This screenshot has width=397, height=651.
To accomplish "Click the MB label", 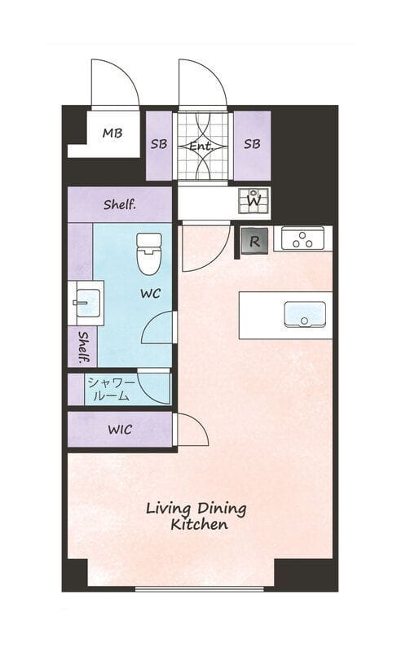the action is (x=112, y=133).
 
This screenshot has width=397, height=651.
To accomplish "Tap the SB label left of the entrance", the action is (x=159, y=144).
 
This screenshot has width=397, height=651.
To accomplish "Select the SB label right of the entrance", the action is (x=252, y=144).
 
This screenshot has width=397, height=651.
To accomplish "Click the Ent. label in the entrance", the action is (x=201, y=146).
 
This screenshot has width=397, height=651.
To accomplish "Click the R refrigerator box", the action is (x=254, y=241).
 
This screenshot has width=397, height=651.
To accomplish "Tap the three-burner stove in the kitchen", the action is (x=302, y=238).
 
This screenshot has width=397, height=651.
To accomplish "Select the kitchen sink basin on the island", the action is (x=304, y=314).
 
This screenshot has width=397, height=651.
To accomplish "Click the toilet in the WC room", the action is (x=149, y=254).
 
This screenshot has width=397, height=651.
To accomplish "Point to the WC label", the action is (x=150, y=294).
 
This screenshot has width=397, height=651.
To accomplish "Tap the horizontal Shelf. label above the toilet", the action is (x=120, y=204).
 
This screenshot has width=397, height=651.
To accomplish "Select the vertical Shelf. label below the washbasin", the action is (x=83, y=347).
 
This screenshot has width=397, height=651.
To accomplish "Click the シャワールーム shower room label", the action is (x=111, y=390).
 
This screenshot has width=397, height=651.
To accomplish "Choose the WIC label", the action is (x=120, y=430).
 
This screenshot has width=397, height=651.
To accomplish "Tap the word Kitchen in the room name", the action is (x=199, y=524).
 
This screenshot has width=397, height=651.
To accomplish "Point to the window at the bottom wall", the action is (x=199, y=588).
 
